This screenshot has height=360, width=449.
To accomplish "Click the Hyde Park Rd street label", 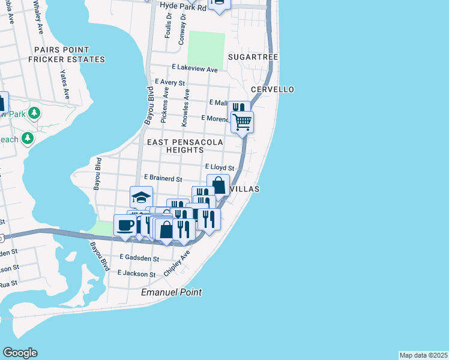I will pos(182,5).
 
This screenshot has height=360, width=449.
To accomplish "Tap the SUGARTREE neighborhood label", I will pos(253,56).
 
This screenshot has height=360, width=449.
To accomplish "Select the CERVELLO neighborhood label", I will pos(272,89).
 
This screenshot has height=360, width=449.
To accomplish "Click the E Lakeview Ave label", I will pos(194,70).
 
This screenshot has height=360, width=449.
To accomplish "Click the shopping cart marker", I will pos(243,122).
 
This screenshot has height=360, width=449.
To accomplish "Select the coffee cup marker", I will pos(125,226).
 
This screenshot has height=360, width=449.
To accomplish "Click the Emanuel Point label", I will pos(171,292).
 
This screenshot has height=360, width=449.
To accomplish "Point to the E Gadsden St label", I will pos(139,258).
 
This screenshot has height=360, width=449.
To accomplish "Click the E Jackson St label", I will pos(137,272).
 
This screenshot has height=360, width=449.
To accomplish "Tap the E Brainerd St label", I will pos(163,178).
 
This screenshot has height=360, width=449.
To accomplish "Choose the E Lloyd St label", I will pos(219,167).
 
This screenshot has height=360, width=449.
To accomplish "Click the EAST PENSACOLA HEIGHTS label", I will pos(185,146).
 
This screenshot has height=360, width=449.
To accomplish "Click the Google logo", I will pos(20,353).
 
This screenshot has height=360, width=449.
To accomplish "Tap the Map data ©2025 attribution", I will pos(424,355).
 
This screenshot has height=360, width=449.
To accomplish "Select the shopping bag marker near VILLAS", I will pos(218,185).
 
